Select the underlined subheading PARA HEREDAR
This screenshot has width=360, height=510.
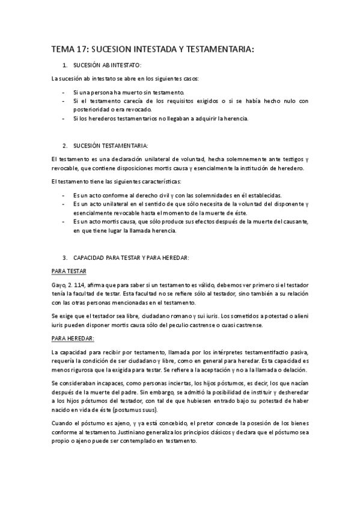pyautogui.click(x=70, y=339)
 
